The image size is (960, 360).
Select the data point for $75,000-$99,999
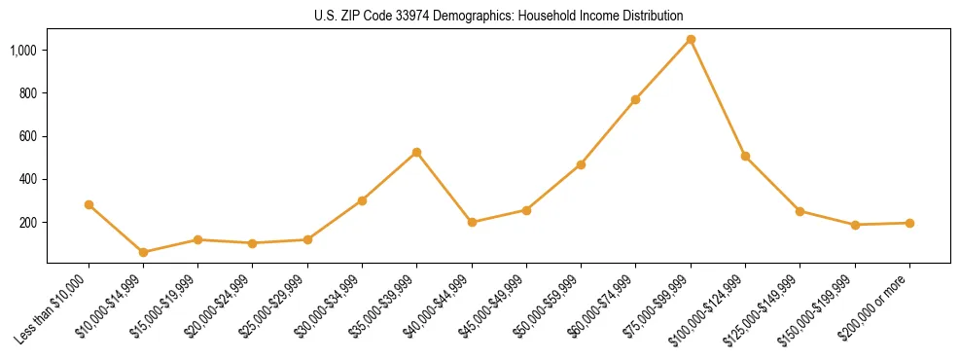point(691,39)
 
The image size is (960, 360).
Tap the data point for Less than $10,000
point(89,204)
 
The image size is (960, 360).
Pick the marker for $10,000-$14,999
point(144,252)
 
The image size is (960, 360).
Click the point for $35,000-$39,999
point(417,152)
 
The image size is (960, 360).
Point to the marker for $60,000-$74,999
point(636,99)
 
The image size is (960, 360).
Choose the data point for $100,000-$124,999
point(745,156)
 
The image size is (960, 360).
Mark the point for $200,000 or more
point(909,223)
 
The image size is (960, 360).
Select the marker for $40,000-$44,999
point(472,222)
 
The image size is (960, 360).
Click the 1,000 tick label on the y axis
point(23,50)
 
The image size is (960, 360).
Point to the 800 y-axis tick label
point(28,93)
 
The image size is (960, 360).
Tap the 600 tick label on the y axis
point(28,136)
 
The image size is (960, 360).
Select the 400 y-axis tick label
point(28,179)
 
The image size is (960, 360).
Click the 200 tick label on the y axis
point(28,223)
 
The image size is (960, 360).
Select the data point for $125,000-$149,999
point(800,211)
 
